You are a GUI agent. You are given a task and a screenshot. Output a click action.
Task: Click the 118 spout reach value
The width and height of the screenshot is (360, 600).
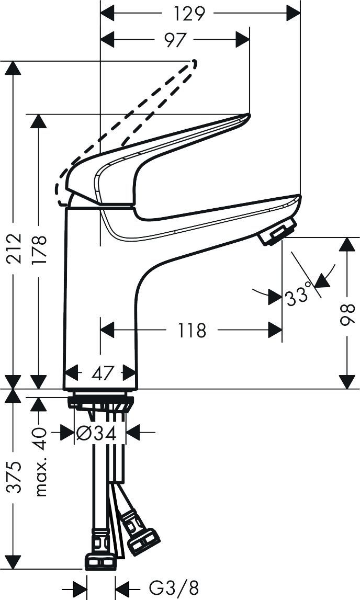click(x=192, y=330)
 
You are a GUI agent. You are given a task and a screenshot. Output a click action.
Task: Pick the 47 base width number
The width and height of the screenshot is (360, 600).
click(x=102, y=373)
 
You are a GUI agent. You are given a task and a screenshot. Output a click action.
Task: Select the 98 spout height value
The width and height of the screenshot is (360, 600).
click(x=347, y=313)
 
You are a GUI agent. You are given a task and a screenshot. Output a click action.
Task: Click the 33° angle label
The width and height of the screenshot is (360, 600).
click(x=299, y=298)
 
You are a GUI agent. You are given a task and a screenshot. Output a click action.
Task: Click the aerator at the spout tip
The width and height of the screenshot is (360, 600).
click(x=277, y=232)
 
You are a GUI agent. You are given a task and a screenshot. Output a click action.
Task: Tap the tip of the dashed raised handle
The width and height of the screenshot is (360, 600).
click(x=195, y=64)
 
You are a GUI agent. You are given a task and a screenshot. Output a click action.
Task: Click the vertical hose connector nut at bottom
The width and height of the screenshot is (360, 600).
click(x=100, y=561)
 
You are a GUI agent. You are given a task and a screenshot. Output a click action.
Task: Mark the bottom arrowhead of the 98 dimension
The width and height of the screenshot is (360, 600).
click(x=347, y=381)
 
